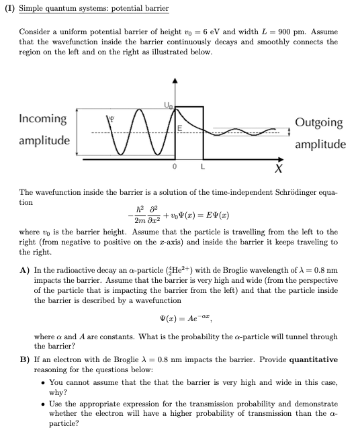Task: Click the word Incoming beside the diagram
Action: tap(43, 119)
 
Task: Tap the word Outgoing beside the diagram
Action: tap(319, 123)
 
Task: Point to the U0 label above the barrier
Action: tap(167, 102)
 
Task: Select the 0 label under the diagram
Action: tap(174, 165)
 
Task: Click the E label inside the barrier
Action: tap(179, 128)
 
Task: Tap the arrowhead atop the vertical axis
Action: tap(175, 82)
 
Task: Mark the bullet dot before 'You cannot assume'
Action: tap(42, 382)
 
